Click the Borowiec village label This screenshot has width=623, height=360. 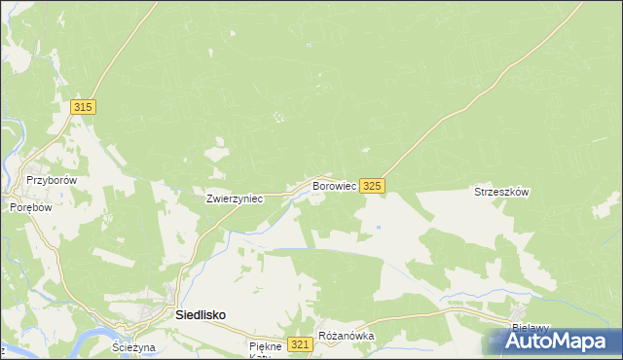[x=333, y=185]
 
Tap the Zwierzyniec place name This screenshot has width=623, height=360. [x=235, y=198]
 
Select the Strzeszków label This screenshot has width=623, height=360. [x=500, y=193]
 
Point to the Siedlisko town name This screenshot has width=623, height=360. [x=201, y=315]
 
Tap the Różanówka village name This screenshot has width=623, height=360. [x=347, y=337]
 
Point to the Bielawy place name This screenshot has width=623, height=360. [x=531, y=329]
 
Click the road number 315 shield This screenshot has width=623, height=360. [x=83, y=107]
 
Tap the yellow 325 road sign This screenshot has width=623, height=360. [x=373, y=185]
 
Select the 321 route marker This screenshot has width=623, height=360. [x=301, y=345]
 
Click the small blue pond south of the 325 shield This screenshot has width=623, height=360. [x=378, y=228]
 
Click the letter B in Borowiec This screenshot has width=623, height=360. [x=315, y=185]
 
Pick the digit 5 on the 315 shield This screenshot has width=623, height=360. [x=90, y=107]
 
